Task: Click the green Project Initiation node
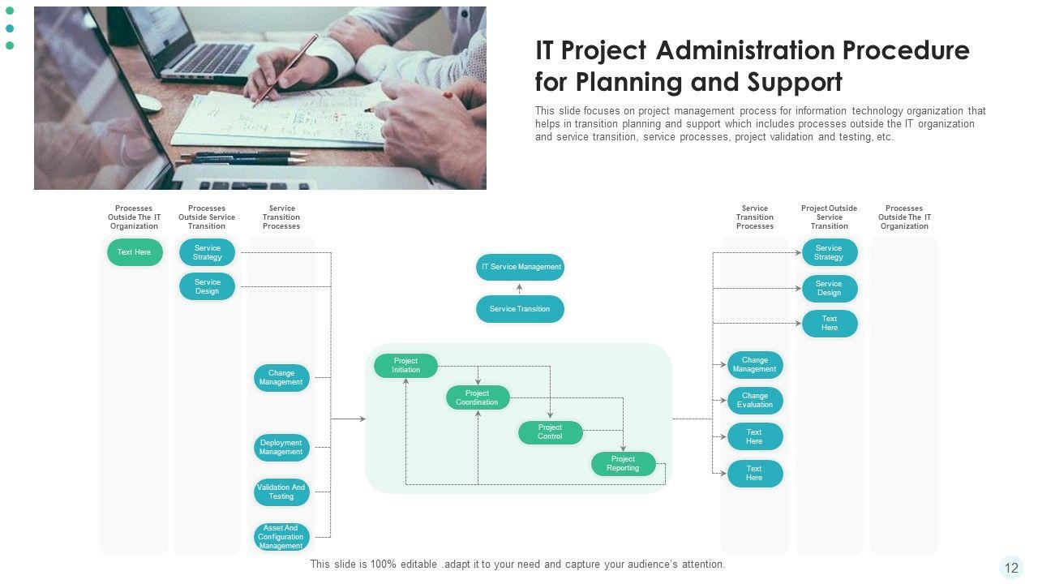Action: click(405, 366)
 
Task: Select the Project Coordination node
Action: click(478, 397)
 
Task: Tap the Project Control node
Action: click(550, 432)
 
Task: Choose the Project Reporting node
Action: click(623, 464)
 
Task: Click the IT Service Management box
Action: click(520, 267)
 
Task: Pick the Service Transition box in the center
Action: click(520, 309)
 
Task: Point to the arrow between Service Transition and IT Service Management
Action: click(520, 288)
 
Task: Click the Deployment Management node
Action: click(281, 448)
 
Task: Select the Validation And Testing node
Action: click(281, 492)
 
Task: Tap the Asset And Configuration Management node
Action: click(281, 537)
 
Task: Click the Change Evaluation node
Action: click(755, 401)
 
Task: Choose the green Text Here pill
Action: click(135, 252)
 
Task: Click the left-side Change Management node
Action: click(281, 378)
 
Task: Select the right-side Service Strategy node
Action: click(829, 253)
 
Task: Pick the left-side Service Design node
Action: click(208, 286)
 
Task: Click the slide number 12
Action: click(1011, 568)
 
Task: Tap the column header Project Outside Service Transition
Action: click(829, 217)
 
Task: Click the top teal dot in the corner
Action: click(10, 11)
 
